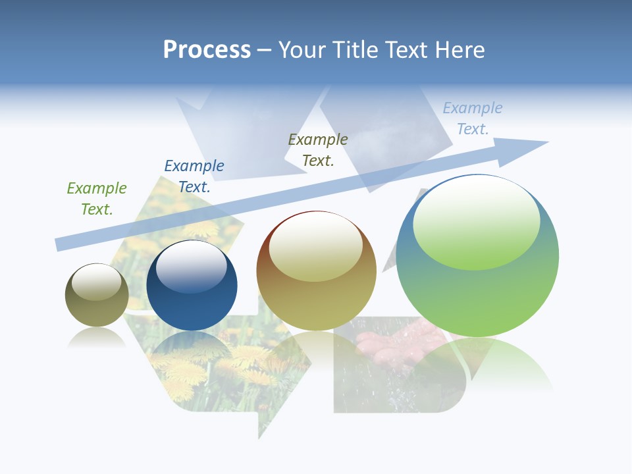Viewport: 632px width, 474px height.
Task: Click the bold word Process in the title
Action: (x=207, y=50)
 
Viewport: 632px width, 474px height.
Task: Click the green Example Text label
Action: (x=97, y=199)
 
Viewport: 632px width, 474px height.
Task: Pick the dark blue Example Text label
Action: (x=194, y=176)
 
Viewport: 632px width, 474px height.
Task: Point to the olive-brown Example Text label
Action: (x=318, y=150)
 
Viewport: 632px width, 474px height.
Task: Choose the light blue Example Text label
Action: (x=473, y=118)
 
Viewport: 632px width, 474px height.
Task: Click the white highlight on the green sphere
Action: (x=477, y=221)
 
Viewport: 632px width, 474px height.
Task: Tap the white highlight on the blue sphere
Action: (x=191, y=267)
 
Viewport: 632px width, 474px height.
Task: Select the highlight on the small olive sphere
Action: (x=96, y=282)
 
